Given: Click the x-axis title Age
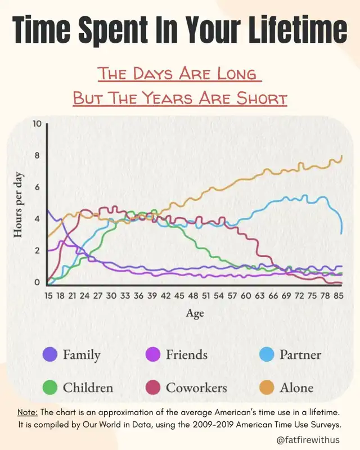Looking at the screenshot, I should [x=195, y=313].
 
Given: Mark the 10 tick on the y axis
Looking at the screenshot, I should [x=38, y=124].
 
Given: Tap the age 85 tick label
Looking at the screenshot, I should [x=339, y=295].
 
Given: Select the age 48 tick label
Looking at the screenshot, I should [x=193, y=295].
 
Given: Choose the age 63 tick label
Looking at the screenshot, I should [x=259, y=295].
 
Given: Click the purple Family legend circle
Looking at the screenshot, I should [x=50, y=355].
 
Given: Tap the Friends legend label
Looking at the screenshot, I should [x=186, y=355].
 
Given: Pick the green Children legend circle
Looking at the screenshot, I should [x=50, y=388].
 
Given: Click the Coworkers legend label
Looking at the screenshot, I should [x=196, y=388].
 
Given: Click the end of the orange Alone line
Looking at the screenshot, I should [x=342, y=156].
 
